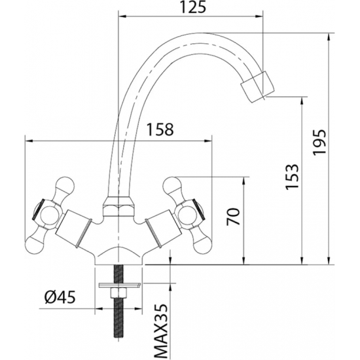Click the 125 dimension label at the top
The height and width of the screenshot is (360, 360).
pyautogui.click(x=192, y=7)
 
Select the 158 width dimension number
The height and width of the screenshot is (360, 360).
pyautogui.click(x=160, y=130)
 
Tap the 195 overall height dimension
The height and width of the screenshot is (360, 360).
pyautogui.click(x=319, y=142)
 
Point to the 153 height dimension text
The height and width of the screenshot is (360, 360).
pyautogui.click(x=292, y=177)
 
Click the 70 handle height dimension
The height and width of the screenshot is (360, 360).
pyautogui.click(x=233, y=216)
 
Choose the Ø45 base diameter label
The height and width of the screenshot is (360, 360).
pyautogui.click(x=60, y=297)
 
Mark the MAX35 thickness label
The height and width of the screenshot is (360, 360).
pyautogui.click(x=160, y=331)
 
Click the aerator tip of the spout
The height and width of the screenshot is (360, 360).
pyautogui.click(x=257, y=86)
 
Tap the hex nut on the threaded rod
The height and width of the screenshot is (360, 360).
pyautogui.click(x=118, y=293)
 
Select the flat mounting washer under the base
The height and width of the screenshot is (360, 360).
pyautogui.click(x=119, y=285)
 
